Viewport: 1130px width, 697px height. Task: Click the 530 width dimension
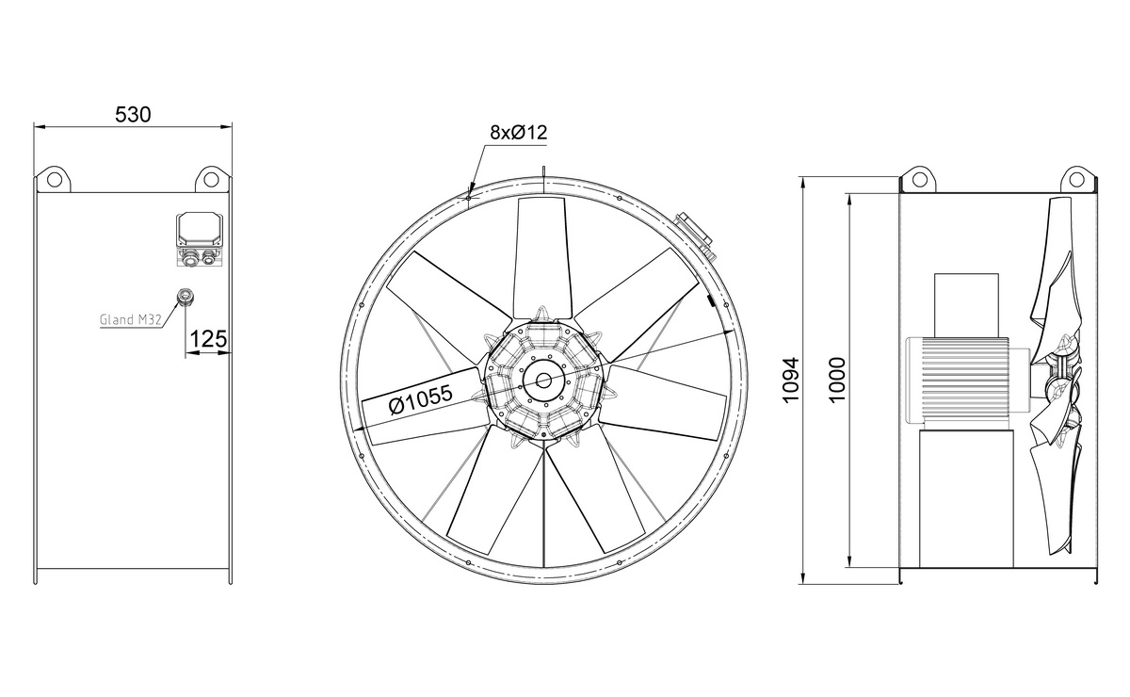(133, 115)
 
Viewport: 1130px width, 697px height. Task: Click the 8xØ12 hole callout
(518, 133)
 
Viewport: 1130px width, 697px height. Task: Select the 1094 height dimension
(791, 381)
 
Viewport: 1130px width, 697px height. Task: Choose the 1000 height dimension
(835, 381)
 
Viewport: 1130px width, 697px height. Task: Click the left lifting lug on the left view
(55, 179)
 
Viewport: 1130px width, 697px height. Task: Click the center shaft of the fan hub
(542, 381)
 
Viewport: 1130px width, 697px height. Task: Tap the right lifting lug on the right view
(1075, 179)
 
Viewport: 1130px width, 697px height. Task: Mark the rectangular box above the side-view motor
(965, 303)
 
